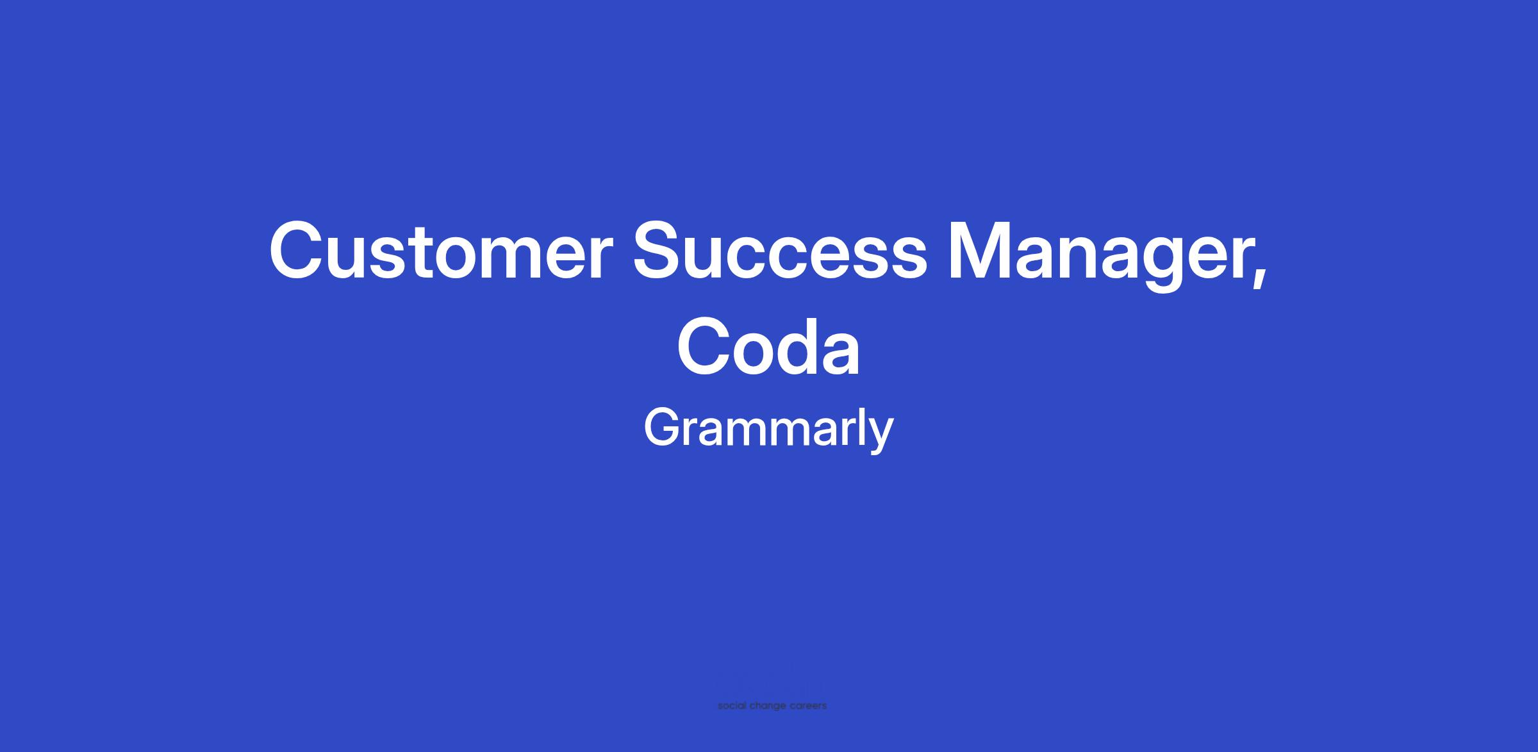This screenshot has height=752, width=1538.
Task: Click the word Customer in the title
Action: coord(438,251)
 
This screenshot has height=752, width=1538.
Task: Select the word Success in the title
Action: coord(780,251)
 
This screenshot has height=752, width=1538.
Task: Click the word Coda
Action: coord(768,346)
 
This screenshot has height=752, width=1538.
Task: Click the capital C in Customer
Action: coord(298,251)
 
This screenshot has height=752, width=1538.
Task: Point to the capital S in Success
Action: coord(661,251)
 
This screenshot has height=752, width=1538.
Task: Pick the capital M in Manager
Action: coord(980,251)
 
